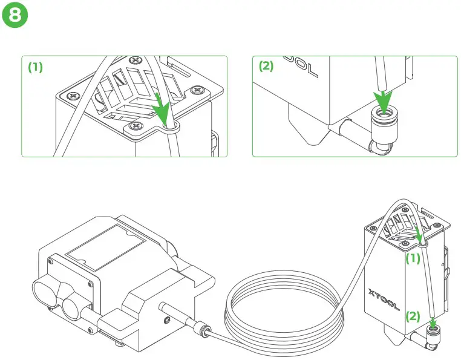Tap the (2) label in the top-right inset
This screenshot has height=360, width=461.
click(267, 67)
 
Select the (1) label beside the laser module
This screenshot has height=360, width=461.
click(413, 259)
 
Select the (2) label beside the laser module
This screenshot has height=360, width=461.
click(413, 315)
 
